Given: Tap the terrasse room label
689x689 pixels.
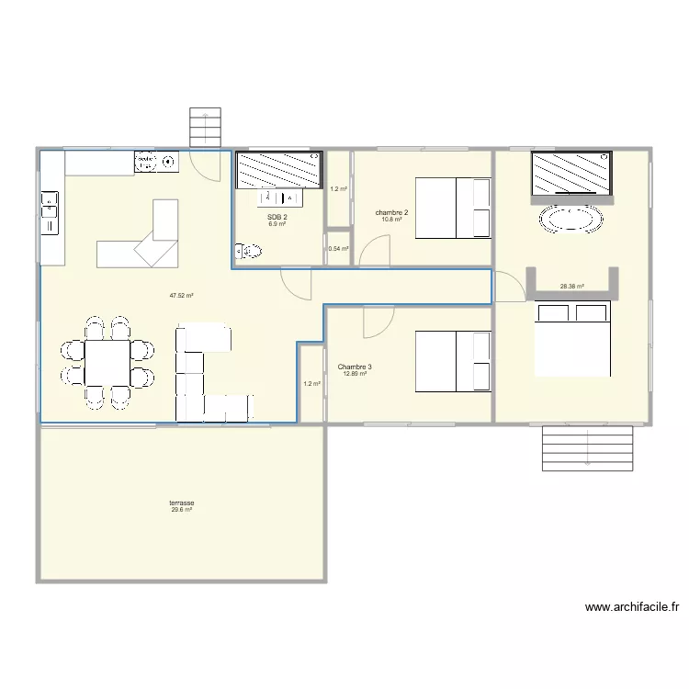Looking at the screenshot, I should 181,503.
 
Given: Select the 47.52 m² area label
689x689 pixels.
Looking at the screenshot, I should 181,296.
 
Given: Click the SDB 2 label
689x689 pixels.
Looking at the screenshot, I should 277,217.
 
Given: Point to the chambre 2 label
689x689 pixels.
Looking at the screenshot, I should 392,213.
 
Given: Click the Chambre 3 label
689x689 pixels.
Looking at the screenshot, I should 354,367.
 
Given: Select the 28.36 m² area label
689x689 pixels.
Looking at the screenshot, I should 572,286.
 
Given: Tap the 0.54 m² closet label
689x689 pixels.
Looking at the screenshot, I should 338,249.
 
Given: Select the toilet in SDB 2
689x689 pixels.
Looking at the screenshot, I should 249,251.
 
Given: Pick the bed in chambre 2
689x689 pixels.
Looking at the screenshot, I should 454,208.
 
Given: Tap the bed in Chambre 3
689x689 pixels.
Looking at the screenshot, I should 454,361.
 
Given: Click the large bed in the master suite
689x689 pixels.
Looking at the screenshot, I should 572,339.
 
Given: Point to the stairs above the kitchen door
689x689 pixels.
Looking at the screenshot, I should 207,123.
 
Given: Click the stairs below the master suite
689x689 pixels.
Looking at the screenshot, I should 588,448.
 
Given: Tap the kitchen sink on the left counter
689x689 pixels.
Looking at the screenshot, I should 50,211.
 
